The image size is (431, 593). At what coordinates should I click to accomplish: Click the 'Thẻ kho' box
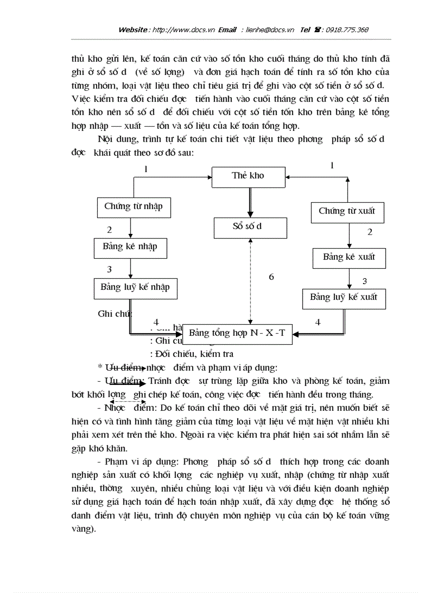tap(248, 176)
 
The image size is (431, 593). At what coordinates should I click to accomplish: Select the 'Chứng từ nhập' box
tap(133, 206)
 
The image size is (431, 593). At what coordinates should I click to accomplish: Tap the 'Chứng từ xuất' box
tap(347, 211)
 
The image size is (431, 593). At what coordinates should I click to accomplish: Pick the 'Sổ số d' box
tap(250, 227)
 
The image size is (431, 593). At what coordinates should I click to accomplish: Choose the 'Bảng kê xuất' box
tap(349, 257)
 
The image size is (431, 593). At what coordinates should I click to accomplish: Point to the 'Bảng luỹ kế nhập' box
tap(135, 287)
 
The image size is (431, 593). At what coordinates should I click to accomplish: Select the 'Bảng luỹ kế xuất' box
tap(344, 297)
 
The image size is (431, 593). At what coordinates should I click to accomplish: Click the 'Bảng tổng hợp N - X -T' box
tap(237, 333)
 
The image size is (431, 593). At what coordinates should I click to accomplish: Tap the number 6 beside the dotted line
tap(271, 277)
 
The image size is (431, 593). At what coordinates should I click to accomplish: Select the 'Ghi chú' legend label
tap(114, 314)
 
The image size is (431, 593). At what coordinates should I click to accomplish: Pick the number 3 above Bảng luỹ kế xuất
tap(364, 281)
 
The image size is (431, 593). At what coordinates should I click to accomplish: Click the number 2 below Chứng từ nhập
tap(109, 230)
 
